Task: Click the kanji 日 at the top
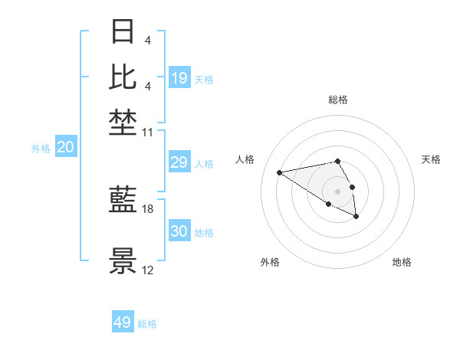click(123, 33)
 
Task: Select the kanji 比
click(123, 77)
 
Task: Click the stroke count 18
click(148, 208)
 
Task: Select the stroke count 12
click(148, 270)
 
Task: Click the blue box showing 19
click(179, 77)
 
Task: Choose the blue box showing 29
click(179, 162)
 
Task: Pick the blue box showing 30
click(179, 232)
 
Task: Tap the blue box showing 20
click(65, 148)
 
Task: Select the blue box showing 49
click(123, 322)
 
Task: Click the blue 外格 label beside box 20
click(41, 149)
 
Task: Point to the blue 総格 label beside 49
click(147, 324)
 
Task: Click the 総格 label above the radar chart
click(337, 100)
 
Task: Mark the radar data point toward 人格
click(280, 172)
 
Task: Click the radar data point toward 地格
click(356, 217)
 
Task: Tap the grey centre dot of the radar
click(337, 191)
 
